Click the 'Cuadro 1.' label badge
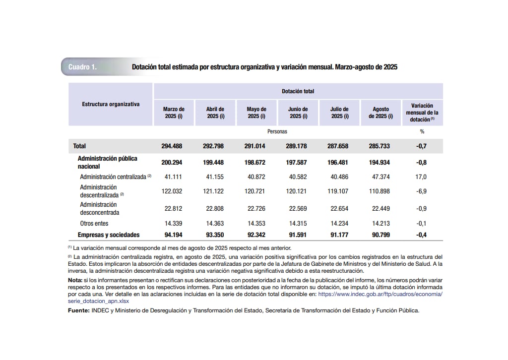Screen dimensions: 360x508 pos(82,67)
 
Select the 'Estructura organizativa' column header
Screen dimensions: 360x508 pos(111,105)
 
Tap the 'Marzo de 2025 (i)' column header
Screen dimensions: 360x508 pos(174,113)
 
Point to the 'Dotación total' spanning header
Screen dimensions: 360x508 pos(298,91)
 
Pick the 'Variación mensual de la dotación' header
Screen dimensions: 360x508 pos(422,113)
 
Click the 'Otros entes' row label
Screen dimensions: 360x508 pos(94,224)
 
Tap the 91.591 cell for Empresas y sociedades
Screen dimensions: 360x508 pos(298,235)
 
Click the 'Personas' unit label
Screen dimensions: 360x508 pos(277,131)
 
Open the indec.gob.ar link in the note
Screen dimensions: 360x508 pos(380,294)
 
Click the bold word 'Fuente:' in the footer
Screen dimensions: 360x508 pos(78,310)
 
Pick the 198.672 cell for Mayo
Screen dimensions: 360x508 pos(256,163)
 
